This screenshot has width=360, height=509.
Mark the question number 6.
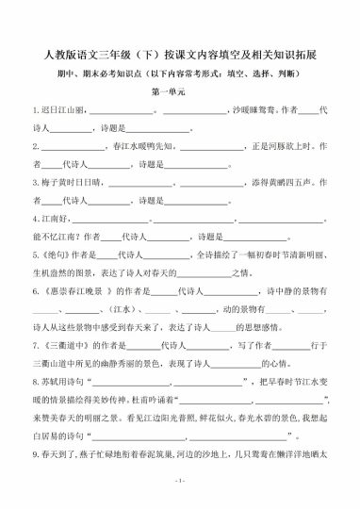click(x=35, y=294)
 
